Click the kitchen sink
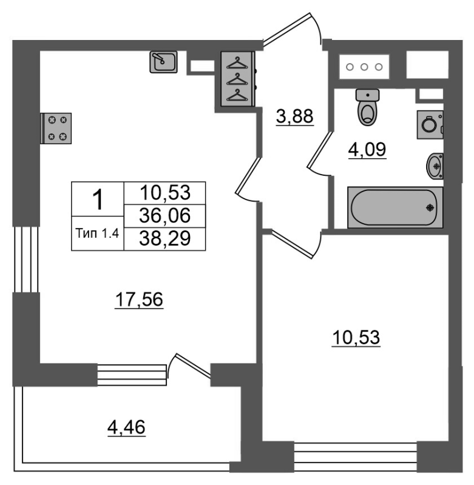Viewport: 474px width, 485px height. pyautogui.click(x=163, y=62)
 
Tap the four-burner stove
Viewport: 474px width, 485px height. pyautogui.click(x=56, y=129)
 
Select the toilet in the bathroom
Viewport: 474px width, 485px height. pyautogui.click(x=368, y=107)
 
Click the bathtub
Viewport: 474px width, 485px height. pyautogui.click(x=395, y=207)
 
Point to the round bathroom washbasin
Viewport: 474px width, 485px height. pyautogui.click(x=435, y=166)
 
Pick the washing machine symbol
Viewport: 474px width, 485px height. pyautogui.click(x=430, y=125)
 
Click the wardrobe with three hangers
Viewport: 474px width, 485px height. pyautogui.click(x=237, y=79)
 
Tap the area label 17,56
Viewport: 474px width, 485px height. pyautogui.click(x=139, y=299)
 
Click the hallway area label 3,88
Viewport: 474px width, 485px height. pyautogui.click(x=295, y=117)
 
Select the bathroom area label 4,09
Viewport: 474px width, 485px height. pyautogui.click(x=367, y=150)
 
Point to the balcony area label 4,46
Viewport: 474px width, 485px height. pyautogui.click(x=126, y=428)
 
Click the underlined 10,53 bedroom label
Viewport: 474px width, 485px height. pyautogui.click(x=356, y=338)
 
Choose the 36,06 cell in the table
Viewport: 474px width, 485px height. pyautogui.click(x=164, y=216)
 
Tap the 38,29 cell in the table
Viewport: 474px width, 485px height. pyautogui.click(x=164, y=238)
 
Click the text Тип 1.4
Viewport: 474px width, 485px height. pyautogui.click(x=97, y=233)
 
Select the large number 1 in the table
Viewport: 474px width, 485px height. pyautogui.click(x=98, y=199)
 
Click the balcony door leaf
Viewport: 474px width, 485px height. pyautogui.click(x=194, y=366)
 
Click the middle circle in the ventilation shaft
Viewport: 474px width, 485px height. pyautogui.click(x=364, y=67)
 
